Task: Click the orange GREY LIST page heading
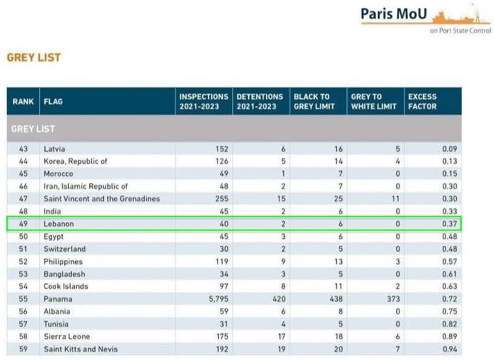34,57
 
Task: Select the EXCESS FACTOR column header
422,101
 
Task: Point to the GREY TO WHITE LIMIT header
373,101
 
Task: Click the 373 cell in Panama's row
391,299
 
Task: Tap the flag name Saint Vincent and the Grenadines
102,198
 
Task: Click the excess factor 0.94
449,349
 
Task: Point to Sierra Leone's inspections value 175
221,336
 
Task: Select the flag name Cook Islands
66,286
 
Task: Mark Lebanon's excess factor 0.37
449,223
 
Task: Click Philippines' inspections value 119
221,261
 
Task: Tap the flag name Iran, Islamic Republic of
86,186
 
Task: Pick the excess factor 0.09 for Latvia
449,148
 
